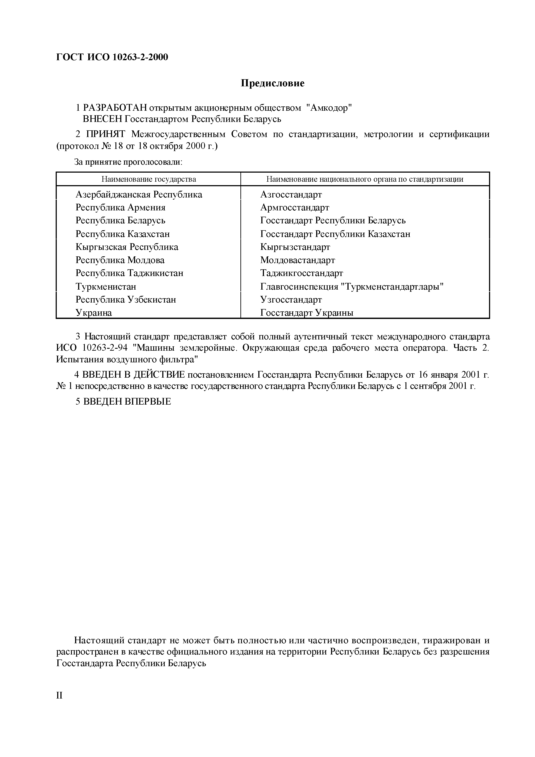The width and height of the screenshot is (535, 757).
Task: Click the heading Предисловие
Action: pos(272,83)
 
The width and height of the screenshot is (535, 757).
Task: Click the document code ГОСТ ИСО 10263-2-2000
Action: pos(112,57)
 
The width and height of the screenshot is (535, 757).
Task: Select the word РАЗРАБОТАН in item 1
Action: pos(115,108)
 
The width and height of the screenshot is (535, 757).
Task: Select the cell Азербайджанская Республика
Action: pos(139,194)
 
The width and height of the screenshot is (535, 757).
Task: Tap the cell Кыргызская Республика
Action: pos(127,247)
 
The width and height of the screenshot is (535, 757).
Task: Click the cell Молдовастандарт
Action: pos(297,260)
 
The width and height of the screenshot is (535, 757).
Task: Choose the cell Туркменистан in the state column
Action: pos(106,287)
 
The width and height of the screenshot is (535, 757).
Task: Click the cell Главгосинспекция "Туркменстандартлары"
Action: pos(352,287)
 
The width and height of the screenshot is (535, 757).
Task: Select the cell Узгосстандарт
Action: pos(291,300)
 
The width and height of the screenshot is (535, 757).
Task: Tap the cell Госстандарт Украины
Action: pos(306,312)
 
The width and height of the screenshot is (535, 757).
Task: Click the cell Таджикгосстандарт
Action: pos(301,273)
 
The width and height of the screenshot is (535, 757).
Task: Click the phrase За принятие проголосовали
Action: pos(128,162)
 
